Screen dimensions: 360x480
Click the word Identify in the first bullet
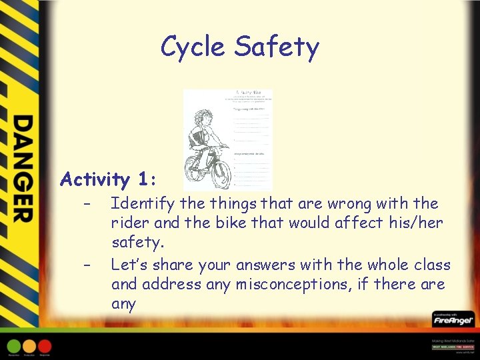(141, 204)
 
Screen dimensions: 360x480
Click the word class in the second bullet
(429, 265)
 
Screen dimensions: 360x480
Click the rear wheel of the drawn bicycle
(196, 175)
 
